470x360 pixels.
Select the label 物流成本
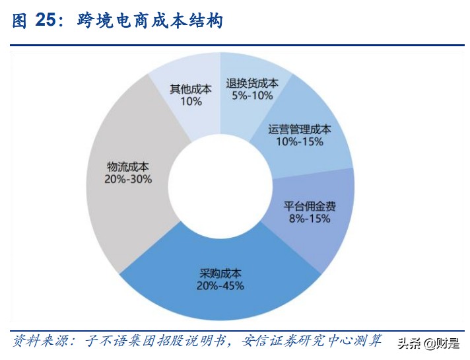pos(128,166)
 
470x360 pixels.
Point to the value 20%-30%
pos(128,179)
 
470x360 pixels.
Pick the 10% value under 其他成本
pos(191,102)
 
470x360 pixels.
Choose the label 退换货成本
pos(252,83)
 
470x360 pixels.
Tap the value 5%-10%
pos(252,96)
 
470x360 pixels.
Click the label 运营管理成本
pos(300,129)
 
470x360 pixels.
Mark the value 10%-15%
pos(300,142)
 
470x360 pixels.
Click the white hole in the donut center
pos(218,181)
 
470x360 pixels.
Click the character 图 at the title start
pos(19,20)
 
